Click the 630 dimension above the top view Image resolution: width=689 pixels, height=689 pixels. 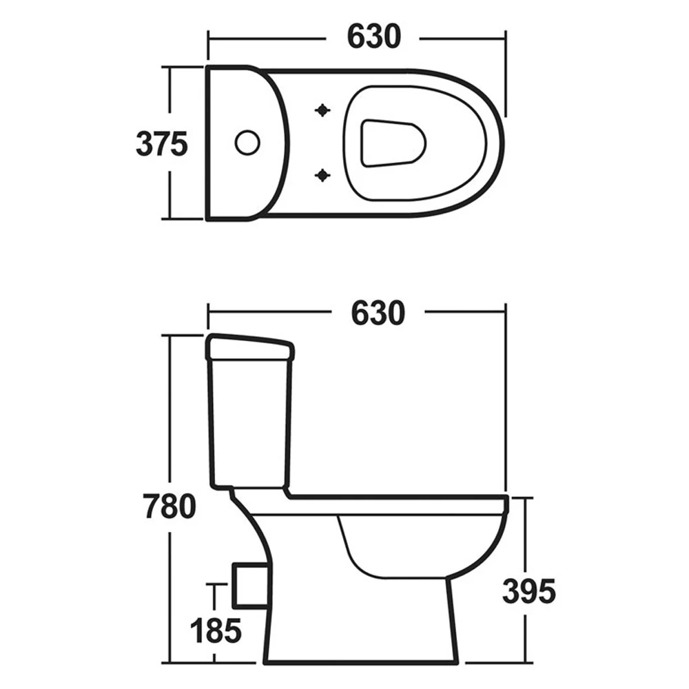click(373, 37)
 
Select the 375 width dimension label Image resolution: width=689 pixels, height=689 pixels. click(162, 144)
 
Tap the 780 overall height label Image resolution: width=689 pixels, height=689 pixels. click(169, 506)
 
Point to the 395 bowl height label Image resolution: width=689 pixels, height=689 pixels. click(528, 591)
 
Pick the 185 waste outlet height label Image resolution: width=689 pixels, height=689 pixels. click(216, 630)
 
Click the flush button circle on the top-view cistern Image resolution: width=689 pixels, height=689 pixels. click(247, 143)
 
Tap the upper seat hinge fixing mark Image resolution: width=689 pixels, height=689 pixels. click(322, 110)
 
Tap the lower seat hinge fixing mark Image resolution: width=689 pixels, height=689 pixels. click(322, 176)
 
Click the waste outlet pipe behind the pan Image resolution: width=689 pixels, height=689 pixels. click(249, 586)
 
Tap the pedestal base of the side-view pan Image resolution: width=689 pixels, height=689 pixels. click(358, 641)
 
